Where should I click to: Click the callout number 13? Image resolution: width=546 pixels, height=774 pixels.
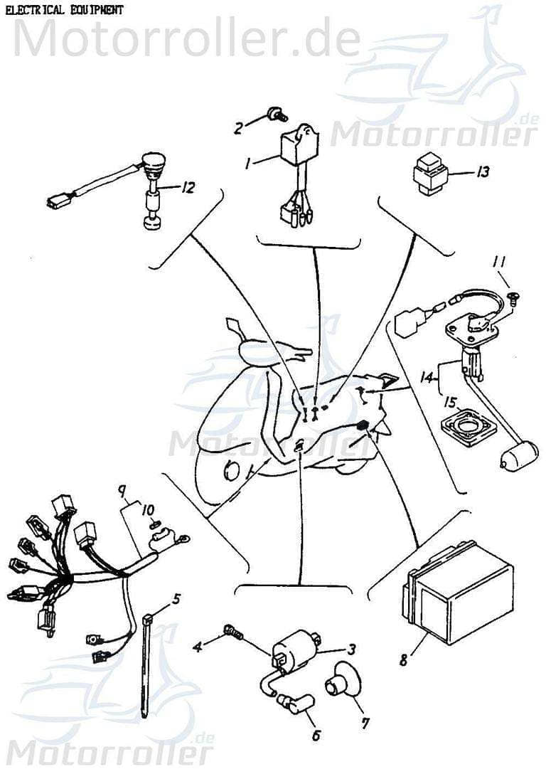pyautogui.click(x=483, y=172)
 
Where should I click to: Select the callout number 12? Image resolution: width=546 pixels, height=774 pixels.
pyautogui.click(x=188, y=189)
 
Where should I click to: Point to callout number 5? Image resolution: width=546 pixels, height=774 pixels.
pyautogui.click(x=176, y=598)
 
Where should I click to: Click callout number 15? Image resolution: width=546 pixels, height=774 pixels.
pyautogui.click(x=450, y=402)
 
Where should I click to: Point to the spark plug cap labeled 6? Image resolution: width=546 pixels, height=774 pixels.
pyautogui.click(x=292, y=705)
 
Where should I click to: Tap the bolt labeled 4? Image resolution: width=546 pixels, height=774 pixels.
pyautogui.click(x=231, y=630)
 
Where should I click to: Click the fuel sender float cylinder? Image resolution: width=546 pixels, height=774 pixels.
pyautogui.click(x=516, y=457)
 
